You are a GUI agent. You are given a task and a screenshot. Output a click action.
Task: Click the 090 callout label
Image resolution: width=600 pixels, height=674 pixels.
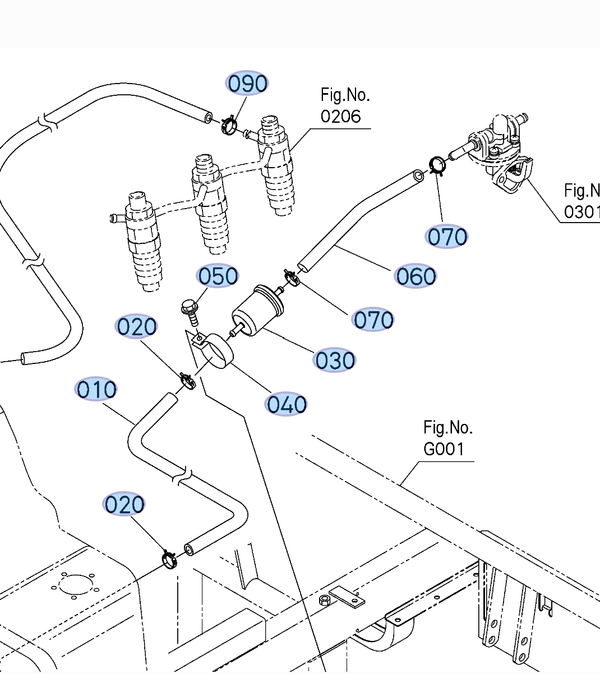(x=247, y=84)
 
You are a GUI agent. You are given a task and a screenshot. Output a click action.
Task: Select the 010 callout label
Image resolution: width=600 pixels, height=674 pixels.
(x=96, y=390)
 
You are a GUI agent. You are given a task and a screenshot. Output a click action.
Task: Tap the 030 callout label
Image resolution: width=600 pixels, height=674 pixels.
(x=335, y=360)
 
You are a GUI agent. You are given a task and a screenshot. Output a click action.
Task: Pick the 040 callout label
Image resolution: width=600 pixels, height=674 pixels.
(x=287, y=404)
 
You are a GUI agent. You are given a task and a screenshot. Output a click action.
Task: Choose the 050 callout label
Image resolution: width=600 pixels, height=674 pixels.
(x=218, y=276)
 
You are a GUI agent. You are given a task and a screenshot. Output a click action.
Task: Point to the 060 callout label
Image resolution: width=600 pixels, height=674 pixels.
(x=416, y=276)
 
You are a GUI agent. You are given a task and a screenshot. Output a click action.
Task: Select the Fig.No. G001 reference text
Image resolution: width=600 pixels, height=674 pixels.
(x=447, y=438)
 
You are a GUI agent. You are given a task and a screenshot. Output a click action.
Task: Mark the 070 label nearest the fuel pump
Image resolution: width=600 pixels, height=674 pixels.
(x=446, y=237)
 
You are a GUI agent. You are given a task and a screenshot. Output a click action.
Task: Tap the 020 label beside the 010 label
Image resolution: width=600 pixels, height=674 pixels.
(x=136, y=327)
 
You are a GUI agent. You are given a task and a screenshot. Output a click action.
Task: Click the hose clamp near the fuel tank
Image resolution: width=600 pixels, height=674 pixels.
(x=169, y=559)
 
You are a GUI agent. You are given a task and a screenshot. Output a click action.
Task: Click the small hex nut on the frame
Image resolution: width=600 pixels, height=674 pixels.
(x=325, y=601)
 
